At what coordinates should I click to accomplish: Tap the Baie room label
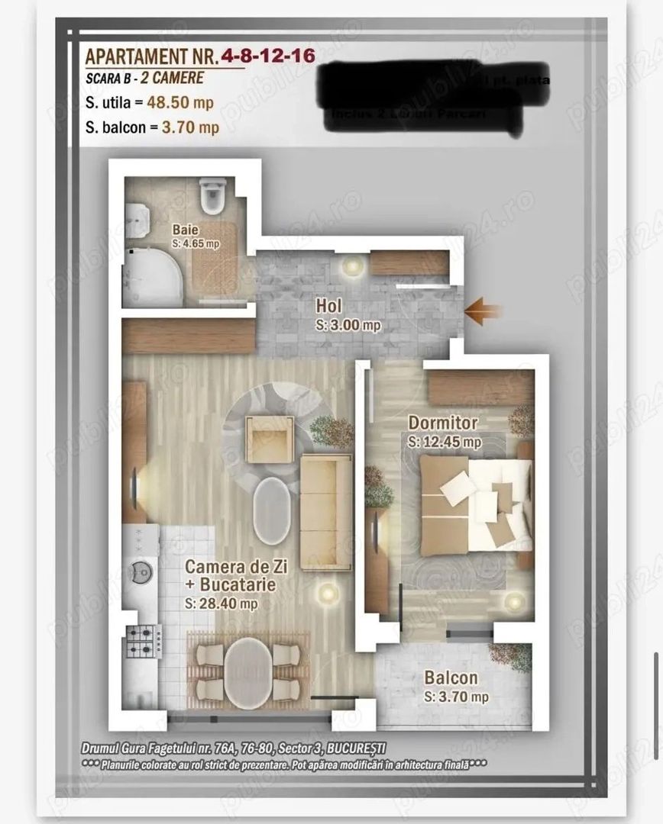183,228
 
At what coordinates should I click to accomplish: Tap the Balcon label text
451,678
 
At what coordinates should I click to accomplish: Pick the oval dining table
248,672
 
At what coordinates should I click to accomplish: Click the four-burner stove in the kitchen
143,642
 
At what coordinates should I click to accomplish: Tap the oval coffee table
271,511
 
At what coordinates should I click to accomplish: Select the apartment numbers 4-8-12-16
267,56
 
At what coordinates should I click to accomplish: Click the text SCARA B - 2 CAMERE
145,78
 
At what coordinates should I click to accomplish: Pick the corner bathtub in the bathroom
153,275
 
